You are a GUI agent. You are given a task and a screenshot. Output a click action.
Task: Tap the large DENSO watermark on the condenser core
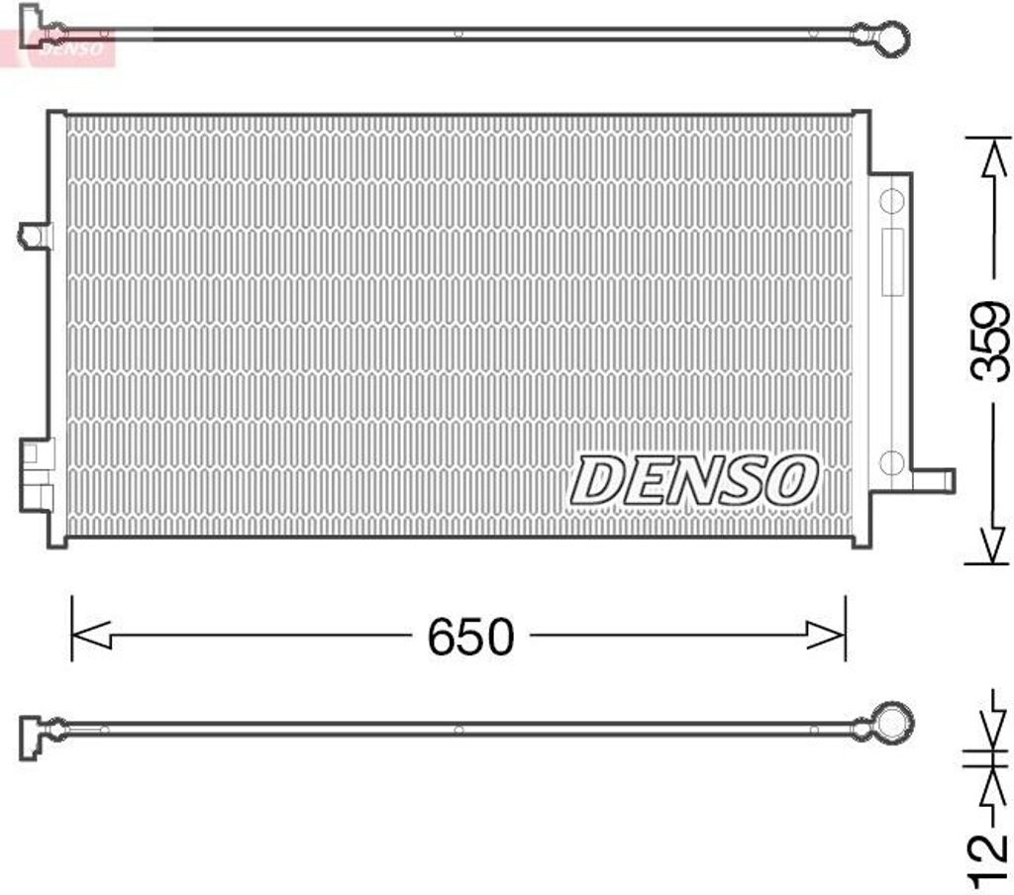[x=694, y=479]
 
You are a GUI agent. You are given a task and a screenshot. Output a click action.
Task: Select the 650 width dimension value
[x=470, y=637]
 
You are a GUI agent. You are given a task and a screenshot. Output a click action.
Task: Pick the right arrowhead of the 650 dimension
[x=827, y=637]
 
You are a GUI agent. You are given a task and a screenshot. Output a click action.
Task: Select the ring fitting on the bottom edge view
[x=893, y=723]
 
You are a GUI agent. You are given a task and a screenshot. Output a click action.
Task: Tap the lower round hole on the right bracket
[x=891, y=461]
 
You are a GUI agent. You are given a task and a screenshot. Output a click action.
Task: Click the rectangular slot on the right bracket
[x=892, y=261]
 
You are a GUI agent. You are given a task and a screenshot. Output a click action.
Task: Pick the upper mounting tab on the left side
[x=36, y=236]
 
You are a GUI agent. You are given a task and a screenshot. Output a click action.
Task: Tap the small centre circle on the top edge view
[x=458, y=33]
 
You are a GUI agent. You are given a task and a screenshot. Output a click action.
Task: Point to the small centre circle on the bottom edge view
[x=458, y=732]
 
